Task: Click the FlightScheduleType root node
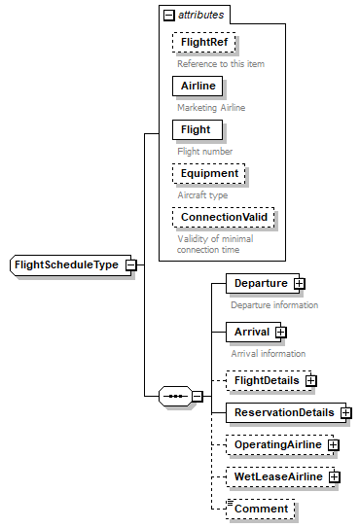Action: click(66, 264)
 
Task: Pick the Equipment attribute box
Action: click(208, 174)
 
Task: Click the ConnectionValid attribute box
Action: click(223, 217)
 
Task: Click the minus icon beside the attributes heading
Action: click(168, 15)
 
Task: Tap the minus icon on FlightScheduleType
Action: click(130, 264)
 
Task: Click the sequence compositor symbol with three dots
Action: click(175, 396)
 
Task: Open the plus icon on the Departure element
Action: click(300, 283)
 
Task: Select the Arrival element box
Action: click(250, 332)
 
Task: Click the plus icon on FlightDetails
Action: click(311, 380)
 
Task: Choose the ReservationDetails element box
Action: click(281, 412)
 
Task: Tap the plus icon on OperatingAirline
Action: click(333, 444)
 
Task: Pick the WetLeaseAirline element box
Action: click(275, 476)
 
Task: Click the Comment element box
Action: click(260, 508)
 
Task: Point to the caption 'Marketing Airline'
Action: click(210, 107)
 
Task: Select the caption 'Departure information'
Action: click(273, 304)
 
